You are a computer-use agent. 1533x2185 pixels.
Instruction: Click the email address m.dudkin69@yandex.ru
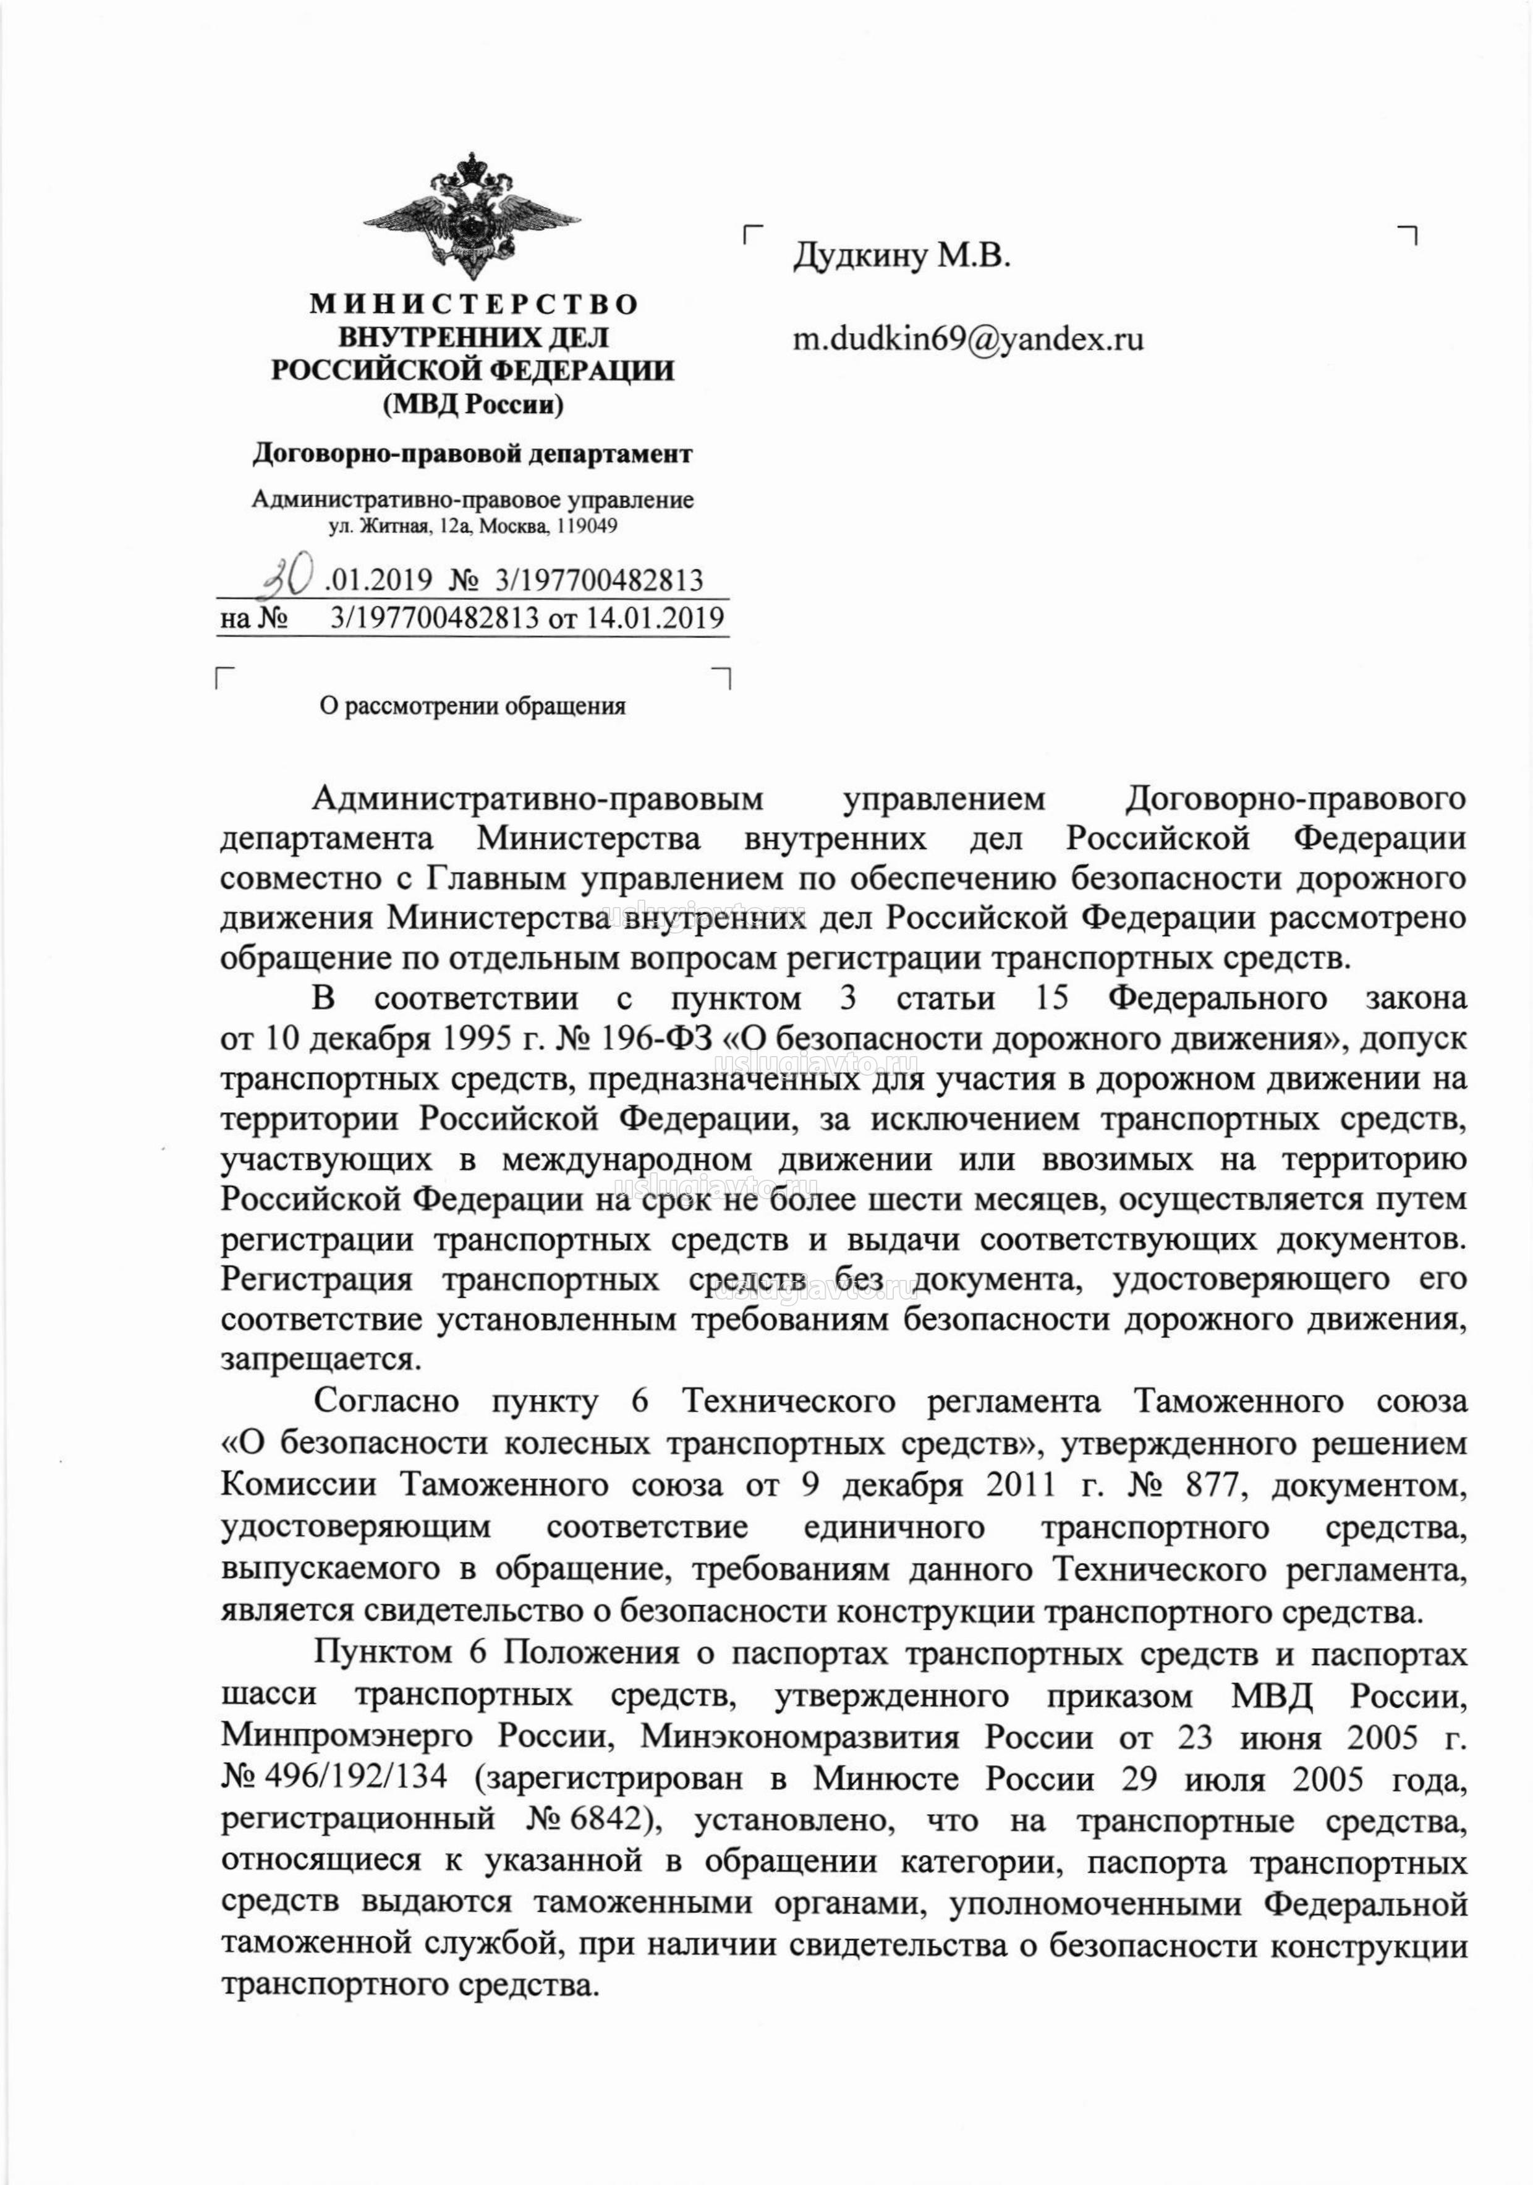[968, 339]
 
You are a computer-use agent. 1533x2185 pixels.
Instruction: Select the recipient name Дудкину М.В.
[900, 255]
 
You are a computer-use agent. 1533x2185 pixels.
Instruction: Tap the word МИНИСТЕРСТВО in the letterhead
[473, 305]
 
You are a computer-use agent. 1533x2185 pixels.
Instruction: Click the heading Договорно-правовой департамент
[472, 455]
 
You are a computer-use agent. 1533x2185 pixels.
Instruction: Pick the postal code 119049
[588, 526]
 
